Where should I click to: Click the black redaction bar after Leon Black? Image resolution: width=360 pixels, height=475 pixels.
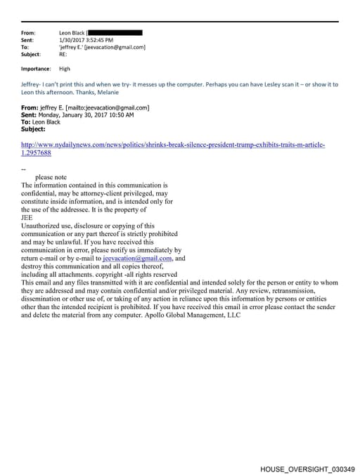tap(117, 32)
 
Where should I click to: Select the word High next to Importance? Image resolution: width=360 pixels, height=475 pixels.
tap(65, 69)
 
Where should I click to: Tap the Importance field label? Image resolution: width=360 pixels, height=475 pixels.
tap(36, 69)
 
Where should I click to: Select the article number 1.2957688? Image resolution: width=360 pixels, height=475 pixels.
tap(37, 152)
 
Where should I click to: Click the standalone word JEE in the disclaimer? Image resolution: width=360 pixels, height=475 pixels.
tap(27, 217)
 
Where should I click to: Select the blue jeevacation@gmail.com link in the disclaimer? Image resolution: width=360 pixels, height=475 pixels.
tap(137, 258)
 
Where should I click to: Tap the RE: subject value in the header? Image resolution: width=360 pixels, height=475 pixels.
tap(64, 54)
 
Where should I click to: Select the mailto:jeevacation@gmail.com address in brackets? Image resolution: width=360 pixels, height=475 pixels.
tap(106, 108)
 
